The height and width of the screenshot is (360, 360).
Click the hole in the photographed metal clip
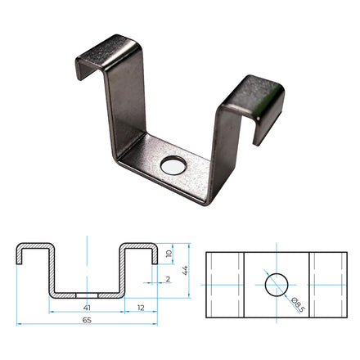tap(173, 166)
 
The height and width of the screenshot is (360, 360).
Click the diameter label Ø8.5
tap(296, 307)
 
